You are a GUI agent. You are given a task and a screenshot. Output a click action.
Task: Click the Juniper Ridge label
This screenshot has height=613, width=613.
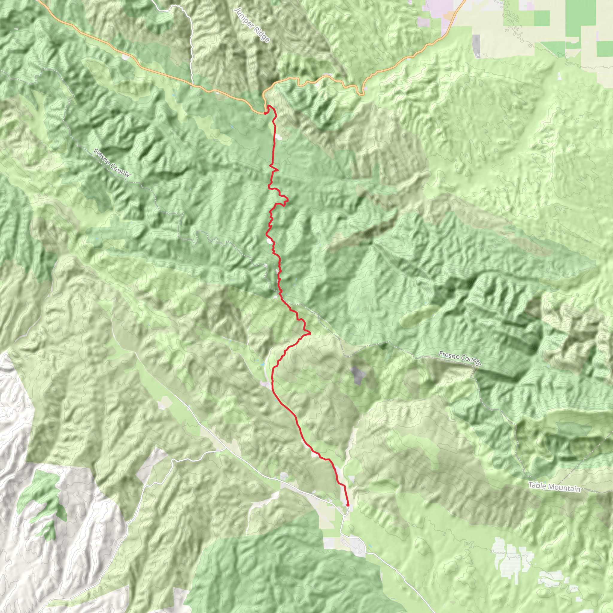pos(252,25)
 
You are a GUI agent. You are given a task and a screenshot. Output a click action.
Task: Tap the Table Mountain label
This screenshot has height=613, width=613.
pos(554,487)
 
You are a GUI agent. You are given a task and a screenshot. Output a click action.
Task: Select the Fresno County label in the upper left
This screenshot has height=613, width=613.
pos(112,163)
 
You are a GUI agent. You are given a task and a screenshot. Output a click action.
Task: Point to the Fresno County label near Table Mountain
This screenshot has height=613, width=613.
pos(460,358)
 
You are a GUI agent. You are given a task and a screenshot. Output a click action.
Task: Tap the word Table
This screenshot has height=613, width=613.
pos(537,485)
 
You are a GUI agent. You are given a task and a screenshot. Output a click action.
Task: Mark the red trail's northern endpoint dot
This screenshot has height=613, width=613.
pos(265,113)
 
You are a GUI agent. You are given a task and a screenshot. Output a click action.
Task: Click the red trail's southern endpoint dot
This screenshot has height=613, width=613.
pos(348,505)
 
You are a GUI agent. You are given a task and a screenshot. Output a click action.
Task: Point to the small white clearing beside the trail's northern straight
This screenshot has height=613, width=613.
pos(279,137)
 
